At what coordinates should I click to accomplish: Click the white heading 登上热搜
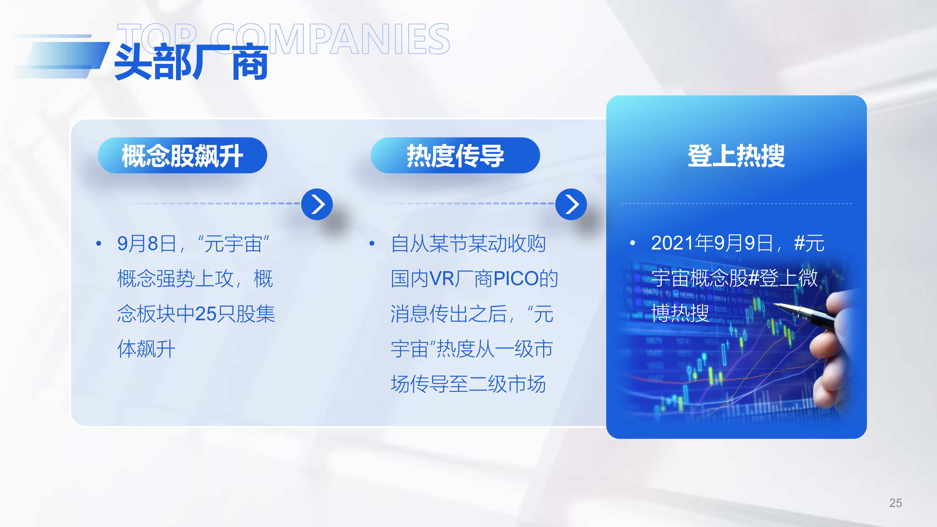coord(736,156)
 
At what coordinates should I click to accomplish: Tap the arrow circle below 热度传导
coord(571,204)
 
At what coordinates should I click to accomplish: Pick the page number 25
coord(896,503)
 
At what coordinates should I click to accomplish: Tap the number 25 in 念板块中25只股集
coord(206,314)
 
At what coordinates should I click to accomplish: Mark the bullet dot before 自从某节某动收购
coord(372,243)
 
